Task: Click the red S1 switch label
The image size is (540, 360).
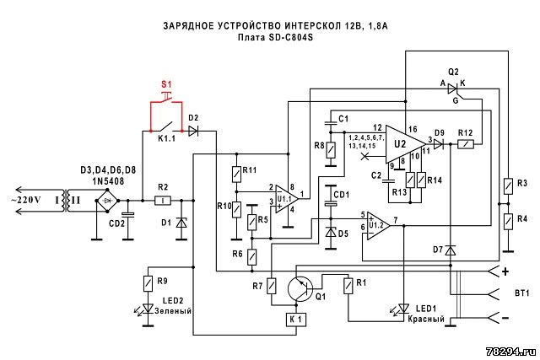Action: coord(165,85)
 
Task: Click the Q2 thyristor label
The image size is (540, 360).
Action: coord(453,72)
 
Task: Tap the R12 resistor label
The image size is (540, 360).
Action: coord(465,132)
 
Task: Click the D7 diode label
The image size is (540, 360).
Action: coord(437,250)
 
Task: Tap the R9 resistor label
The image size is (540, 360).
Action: coord(161,280)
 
